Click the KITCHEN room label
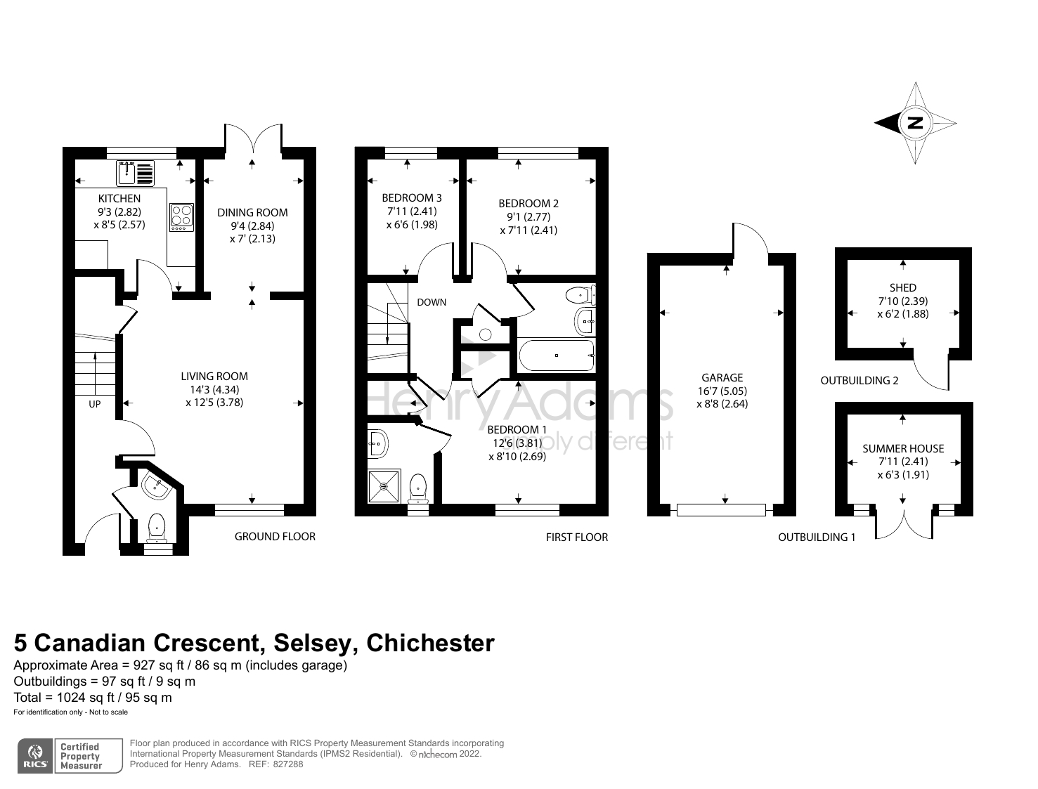119,199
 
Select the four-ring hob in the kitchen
182,217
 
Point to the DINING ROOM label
252,213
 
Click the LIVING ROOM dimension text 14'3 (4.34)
214,389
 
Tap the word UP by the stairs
94,405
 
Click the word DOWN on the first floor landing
432,302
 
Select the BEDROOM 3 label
412,198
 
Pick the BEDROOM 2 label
528,204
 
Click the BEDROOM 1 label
517,429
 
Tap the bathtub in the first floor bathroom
556,355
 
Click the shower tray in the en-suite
384,485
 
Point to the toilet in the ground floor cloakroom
157,527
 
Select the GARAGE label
722,377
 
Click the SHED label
903,287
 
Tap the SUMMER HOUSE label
903,448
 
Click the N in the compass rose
915,123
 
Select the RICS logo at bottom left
34,756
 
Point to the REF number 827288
288,764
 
